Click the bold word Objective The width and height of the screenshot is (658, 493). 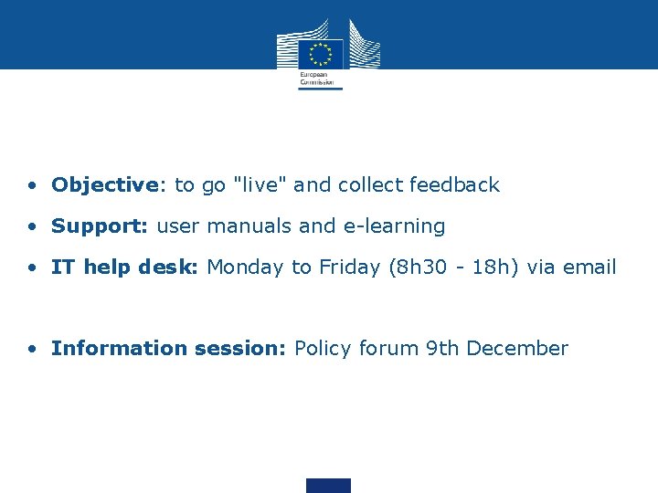tap(105, 185)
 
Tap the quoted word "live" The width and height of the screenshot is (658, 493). tap(260, 184)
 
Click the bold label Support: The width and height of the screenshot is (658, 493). tap(101, 226)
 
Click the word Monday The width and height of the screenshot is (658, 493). tap(245, 267)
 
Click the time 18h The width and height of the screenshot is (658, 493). tap(483, 267)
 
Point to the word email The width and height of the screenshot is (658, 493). tap(589, 267)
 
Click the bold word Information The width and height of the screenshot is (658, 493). tap(118, 348)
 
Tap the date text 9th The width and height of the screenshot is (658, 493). tap(442, 348)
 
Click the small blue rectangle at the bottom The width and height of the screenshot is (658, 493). tap(328, 485)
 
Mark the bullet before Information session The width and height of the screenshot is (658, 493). tap(32, 349)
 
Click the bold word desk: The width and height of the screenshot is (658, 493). tap(170, 267)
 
